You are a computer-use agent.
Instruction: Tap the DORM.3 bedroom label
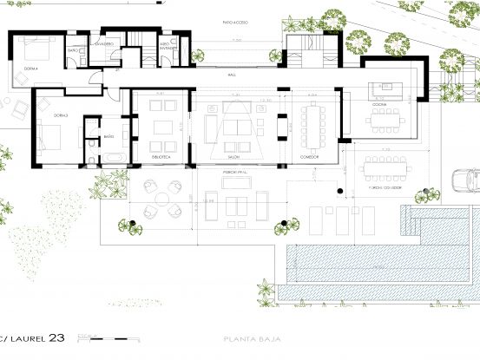pos(38,114)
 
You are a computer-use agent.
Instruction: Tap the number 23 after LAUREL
pos(56,337)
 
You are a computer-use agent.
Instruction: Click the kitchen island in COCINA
pos(383,87)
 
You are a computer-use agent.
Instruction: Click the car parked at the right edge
pos(468,180)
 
